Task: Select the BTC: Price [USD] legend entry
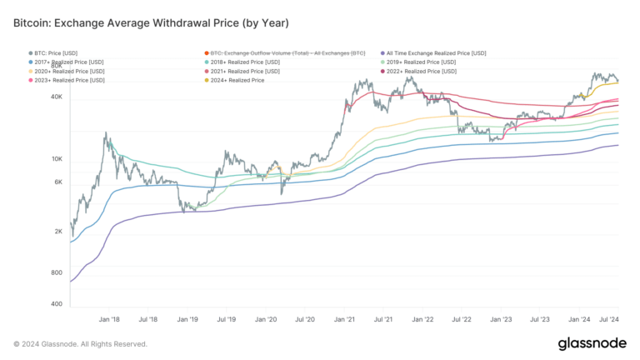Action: [57, 52]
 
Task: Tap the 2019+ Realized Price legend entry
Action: [419, 62]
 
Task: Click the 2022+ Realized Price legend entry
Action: [419, 71]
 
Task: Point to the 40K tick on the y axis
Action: [57, 97]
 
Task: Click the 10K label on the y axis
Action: [57, 158]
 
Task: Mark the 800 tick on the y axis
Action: [57, 272]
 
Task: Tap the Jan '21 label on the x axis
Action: [344, 318]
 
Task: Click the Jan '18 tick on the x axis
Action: [110, 318]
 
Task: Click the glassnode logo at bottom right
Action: [592, 343]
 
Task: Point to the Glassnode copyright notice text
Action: [81, 343]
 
